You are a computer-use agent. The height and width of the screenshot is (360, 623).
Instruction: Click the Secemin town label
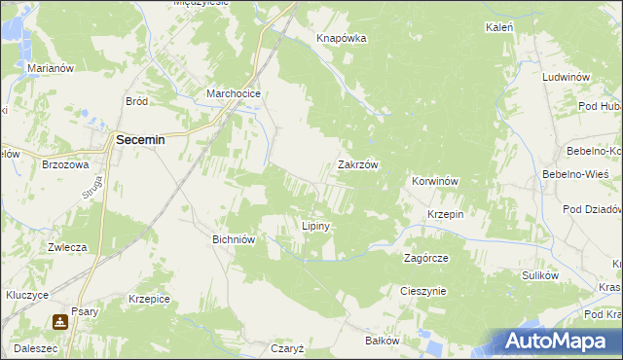(140, 140)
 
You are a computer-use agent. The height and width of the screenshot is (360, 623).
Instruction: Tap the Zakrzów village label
(357, 165)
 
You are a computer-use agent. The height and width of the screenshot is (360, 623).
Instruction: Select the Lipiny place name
(317, 226)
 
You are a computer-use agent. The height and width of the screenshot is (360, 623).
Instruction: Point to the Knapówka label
(341, 38)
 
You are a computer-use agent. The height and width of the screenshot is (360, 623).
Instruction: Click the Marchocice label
(232, 94)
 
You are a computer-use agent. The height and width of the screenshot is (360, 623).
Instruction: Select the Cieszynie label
(422, 291)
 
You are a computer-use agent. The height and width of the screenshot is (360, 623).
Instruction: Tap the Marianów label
(52, 69)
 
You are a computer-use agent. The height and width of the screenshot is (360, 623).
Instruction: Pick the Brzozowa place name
(66, 165)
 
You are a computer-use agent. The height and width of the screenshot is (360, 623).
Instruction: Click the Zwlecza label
(68, 247)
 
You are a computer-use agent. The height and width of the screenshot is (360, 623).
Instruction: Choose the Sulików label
(539, 275)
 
